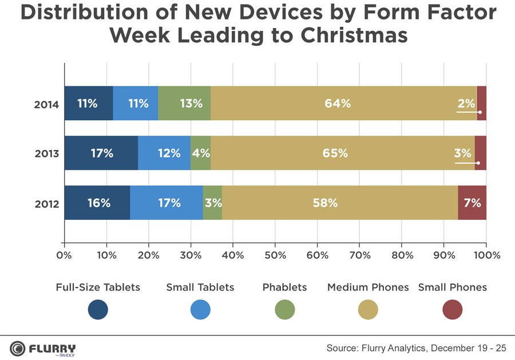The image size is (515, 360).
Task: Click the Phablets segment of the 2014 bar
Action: click(184, 104)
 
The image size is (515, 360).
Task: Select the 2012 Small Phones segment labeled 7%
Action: click(472, 203)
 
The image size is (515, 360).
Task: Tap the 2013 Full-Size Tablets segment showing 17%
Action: click(101, 153)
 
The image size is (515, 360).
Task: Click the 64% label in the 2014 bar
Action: click(337, 104)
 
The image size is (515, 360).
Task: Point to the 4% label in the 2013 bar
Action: click(201, 153)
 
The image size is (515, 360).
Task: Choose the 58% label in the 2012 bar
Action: click(325, 203)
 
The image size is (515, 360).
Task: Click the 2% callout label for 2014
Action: click(466, 104)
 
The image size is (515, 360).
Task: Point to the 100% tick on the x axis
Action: click(486, 255)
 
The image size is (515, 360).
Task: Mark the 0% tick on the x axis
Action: click(64, 255)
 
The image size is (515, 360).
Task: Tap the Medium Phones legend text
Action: click(367, 287)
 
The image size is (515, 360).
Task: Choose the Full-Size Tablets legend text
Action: click(98, 287)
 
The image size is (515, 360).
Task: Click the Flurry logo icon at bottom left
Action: click(17, 348)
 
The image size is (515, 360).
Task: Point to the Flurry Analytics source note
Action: click(416, 348)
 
